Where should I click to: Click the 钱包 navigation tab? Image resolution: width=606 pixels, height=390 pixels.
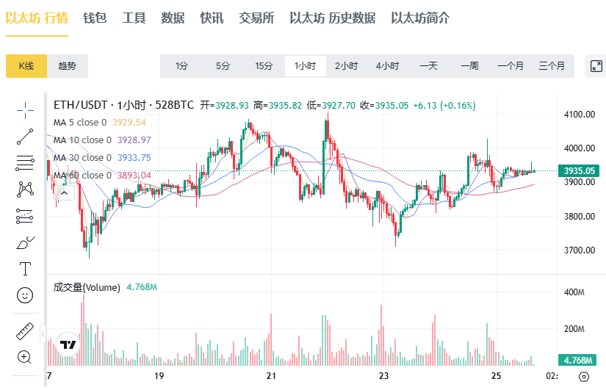point(95,18)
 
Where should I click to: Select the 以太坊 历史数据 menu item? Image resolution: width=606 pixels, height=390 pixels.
point(332,18)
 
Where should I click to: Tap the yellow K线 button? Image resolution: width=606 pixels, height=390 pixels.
point(26,66)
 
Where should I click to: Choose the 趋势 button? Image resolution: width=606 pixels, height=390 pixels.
point(67,66)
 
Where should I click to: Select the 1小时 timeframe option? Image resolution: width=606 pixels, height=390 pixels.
point(305,66)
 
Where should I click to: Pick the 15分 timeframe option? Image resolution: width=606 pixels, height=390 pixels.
point(264,66)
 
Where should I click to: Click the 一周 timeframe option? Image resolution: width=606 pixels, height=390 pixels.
point(469,66)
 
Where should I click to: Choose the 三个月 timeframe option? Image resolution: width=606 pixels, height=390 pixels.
point(552,66)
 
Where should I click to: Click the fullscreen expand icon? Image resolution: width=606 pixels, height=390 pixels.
point(596,66)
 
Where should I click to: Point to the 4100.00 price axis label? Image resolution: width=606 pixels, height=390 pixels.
point(580,115)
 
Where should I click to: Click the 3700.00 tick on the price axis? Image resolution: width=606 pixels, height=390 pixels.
point(580,250)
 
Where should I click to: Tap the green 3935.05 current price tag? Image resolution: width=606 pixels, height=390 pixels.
point(579,171)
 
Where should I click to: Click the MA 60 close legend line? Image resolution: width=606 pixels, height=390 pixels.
point(101,175)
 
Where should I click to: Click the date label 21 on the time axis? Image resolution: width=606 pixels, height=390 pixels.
point(271,376)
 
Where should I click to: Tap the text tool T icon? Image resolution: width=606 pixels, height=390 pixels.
point(25,268)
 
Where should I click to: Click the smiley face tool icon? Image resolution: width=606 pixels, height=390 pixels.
point(25,295)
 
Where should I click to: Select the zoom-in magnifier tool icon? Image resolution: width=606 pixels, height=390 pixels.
point(25,358)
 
